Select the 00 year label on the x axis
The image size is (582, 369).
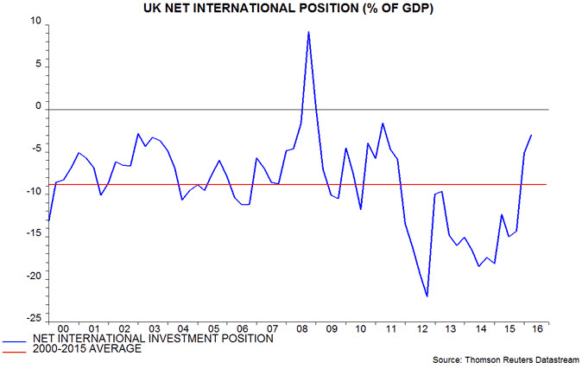coord(63,329)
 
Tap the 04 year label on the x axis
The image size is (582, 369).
coord(182,329)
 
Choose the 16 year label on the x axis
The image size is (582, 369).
coord(539,329)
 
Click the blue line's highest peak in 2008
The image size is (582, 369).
coord(308,32)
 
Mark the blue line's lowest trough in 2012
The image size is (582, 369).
coord(427,296)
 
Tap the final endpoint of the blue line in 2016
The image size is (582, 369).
coord(532,135)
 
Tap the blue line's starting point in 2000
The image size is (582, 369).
coord(48,221)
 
